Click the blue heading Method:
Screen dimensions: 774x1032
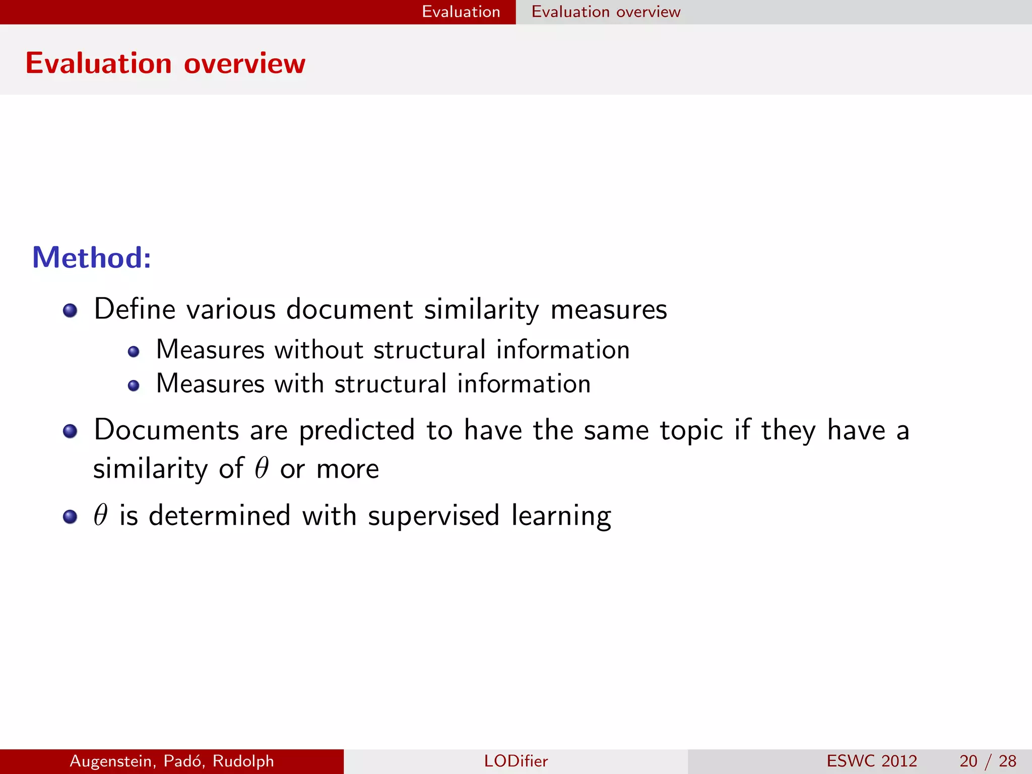[x=92, y=257]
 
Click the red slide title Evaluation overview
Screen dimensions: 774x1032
[x=165, y=63]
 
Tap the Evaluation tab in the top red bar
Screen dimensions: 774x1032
[x=461, y=12]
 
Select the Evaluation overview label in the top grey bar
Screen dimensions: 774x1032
[x=606, y=12]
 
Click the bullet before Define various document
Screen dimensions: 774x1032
[x=70, y=310]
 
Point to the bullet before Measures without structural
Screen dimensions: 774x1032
[x=134, y=352]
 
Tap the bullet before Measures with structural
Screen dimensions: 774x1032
[x=134, y=386]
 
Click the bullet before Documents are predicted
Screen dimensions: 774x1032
[x=70, y=431]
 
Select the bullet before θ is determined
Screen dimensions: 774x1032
[x=70, y=517]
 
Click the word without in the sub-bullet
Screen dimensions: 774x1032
[x=318, y=350]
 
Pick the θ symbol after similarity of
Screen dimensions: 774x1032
[x=262, y=469]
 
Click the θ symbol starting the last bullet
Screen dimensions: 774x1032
[x=101, y=515]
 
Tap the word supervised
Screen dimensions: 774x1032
[x=433, y=515]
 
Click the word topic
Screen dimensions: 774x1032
[x=691, y=431]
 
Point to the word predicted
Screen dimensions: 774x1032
[x=357, y=431]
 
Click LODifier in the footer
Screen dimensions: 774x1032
[x=515, y=761]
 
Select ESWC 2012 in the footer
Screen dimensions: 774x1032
[x=872, y=761]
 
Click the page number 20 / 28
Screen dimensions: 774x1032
[x=988, y=761]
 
